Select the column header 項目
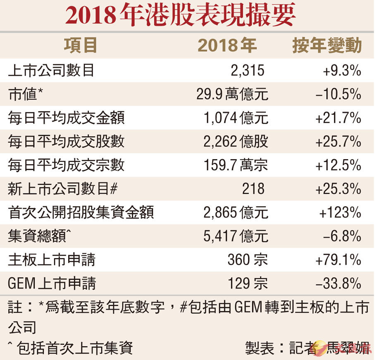coord(80,45)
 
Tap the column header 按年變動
coord(327,45)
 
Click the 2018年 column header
coord(227,45)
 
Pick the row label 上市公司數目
coord(51,71)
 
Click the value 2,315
coord(247,71)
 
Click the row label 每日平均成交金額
coord(66,118)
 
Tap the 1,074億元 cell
coord(236,118)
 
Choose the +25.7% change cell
coord(338,142)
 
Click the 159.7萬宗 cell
coord(236,165)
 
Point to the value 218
coord(253,189)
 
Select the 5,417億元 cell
coord(236,236)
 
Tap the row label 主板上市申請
coord(52,260)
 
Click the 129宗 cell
coord(248,284)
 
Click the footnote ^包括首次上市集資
coord(70,348)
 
